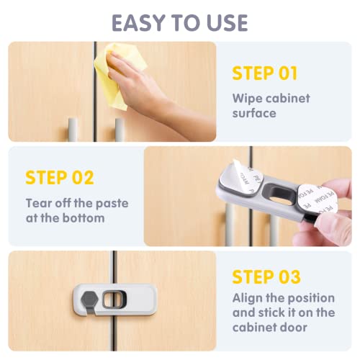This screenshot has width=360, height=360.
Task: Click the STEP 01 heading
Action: [x=265, y=73]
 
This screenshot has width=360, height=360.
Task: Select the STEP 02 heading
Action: [x=60, y=178]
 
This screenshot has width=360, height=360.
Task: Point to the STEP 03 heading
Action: [x=266, y=277]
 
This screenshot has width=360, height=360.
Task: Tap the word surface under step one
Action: [x=254, y=113]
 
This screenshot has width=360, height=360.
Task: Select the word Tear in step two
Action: [x=39, y=203]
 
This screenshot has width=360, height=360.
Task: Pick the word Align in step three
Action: [x=247, y=299]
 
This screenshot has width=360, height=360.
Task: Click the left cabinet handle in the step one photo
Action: [x=73, y=129]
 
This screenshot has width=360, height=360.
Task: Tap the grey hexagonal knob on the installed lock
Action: [x=89, y=299]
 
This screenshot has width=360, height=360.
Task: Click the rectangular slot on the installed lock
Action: [x=114, y=299]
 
